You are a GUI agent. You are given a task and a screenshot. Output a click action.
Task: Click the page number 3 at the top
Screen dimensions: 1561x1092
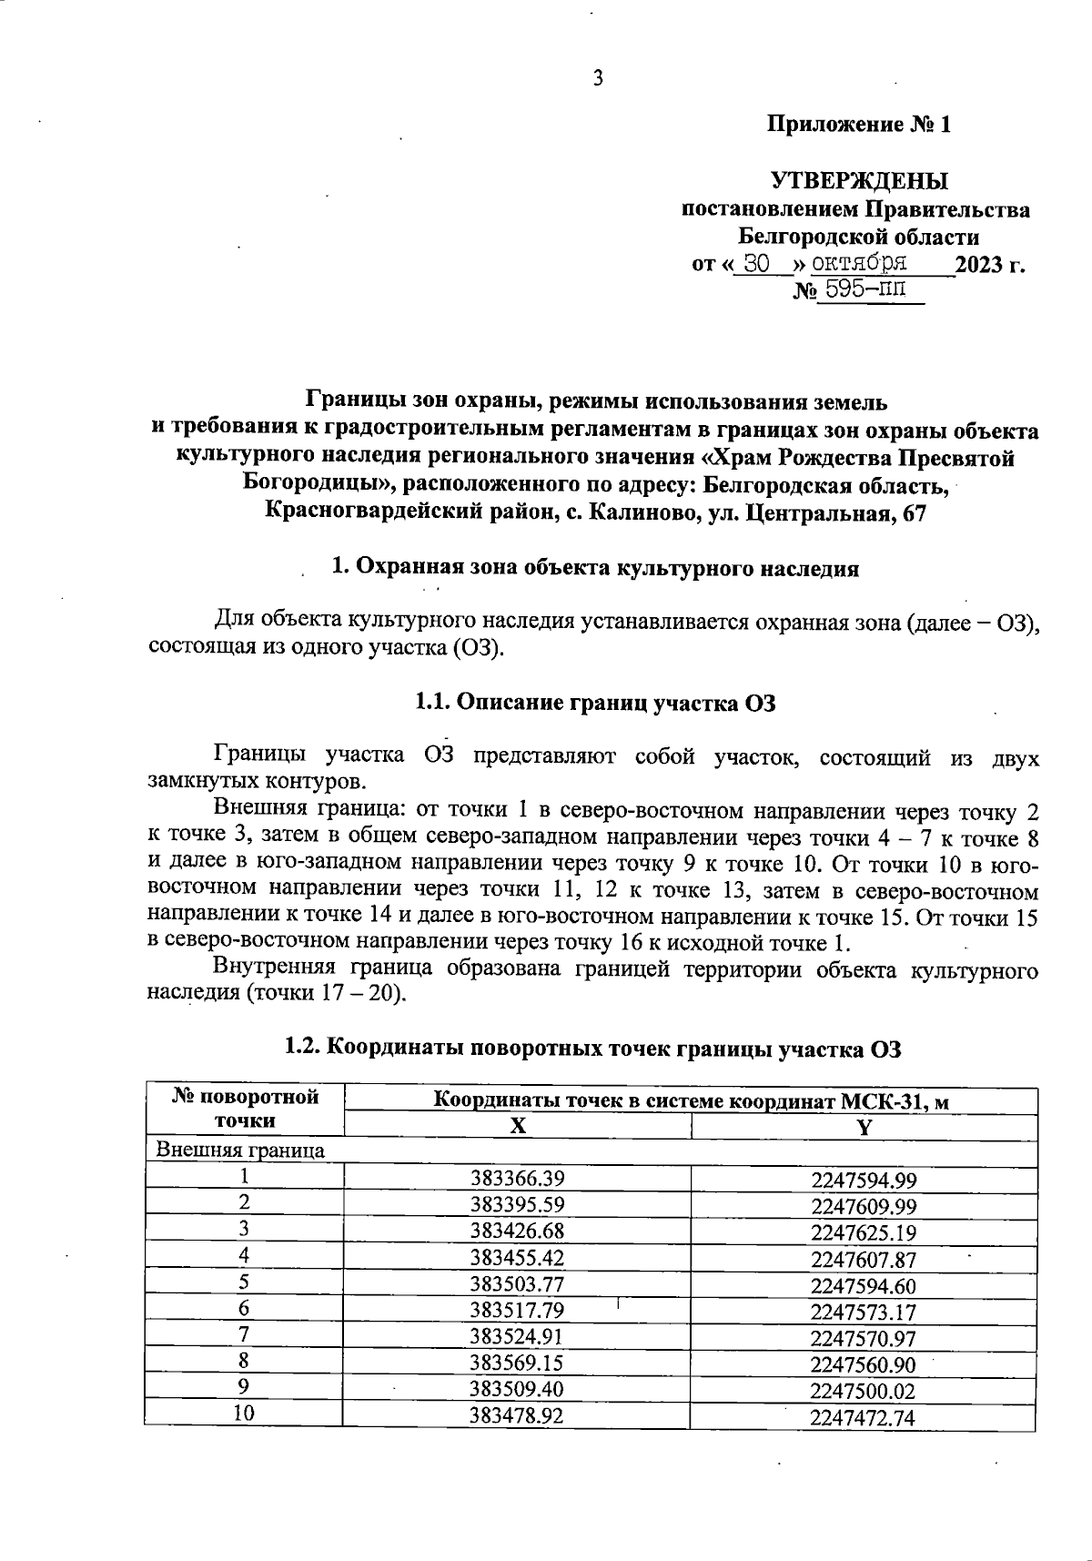(598, 78)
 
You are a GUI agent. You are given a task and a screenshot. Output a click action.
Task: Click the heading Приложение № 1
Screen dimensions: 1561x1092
(859, 125)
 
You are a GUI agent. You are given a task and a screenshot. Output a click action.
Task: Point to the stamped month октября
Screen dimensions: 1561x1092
(859, 264)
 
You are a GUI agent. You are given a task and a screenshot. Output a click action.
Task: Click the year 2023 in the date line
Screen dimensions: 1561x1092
(979, 265)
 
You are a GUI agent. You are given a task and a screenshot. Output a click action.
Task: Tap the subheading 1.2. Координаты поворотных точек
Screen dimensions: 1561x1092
(592, 1048)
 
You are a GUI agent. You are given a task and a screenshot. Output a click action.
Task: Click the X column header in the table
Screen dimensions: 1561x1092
(517, 1127)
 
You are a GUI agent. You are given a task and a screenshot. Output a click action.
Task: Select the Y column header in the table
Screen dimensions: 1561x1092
(864, 1127)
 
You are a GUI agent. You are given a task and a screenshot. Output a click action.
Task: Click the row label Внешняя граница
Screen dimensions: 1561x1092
(240, 1150)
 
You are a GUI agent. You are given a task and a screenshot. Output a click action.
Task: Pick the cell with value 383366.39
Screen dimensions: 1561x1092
(517, 1179)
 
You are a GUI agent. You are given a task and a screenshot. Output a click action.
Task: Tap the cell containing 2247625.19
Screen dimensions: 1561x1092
(863, 1233)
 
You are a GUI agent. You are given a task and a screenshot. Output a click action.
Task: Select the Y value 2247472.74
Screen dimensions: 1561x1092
(863, 1418)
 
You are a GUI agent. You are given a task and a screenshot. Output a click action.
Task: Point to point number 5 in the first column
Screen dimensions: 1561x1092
(244, 1283)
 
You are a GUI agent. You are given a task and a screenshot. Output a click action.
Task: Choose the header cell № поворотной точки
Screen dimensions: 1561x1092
(245, 1109)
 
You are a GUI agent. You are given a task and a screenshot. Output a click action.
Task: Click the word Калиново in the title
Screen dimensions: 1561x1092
(644, 513)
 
